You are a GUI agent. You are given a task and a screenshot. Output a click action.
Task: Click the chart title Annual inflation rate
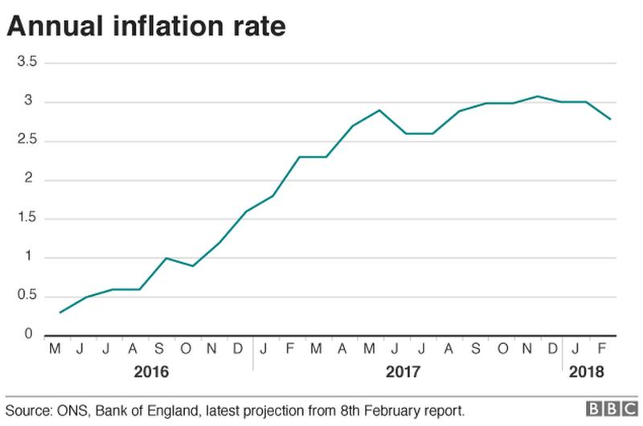click(x=145, y=27)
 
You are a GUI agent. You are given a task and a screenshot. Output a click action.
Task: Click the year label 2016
click(x=151, y=373)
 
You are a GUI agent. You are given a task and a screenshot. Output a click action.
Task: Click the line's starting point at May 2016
click(x=59, y=312)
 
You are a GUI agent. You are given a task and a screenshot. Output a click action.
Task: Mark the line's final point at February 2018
click(x=611, y=119)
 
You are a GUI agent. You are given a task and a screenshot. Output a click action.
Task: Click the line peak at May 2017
click(x=379, y=110)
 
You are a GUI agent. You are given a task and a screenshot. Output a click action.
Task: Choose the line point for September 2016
click(x=166, y=258)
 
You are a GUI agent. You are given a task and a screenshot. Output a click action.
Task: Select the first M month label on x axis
click(x=55, y=350)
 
